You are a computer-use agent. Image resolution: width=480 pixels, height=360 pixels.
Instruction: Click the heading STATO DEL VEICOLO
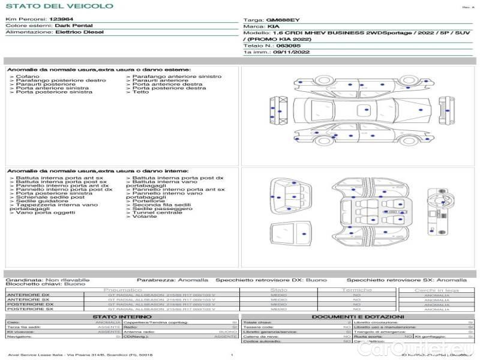click(x=59, y=6)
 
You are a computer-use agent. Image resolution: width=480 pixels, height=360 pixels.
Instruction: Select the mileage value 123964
click(x=61, y=20)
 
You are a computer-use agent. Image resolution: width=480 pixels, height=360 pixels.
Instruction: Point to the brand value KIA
click(x=272, y=26)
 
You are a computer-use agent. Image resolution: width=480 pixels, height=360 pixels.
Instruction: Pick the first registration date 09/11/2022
click(x=290, y=52)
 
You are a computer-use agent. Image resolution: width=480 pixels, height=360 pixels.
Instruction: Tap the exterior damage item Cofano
click(x=28, y=76)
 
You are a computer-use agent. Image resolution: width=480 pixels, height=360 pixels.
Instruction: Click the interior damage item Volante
click(x=145, y=217)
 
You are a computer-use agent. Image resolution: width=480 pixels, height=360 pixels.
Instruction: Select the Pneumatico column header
click(x=127, y=290)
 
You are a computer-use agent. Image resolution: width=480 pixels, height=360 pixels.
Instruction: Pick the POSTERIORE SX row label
click(x=29, y=309)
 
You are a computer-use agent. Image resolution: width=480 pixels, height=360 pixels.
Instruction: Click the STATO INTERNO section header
click(x=118, y=316)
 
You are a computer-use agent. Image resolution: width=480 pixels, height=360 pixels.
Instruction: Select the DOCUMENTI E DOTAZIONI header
click(x=358, y=316)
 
